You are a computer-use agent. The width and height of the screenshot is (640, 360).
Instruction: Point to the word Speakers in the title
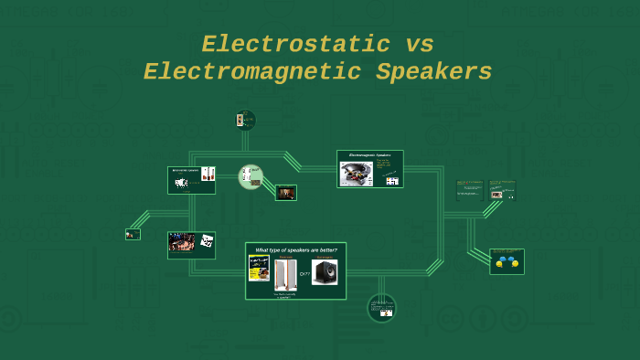434,72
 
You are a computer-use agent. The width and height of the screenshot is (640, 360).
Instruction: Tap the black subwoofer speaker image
325,271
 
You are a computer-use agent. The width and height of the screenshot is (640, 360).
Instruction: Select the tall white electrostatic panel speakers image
286,274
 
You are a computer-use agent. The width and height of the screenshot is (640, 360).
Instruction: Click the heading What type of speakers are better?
295,249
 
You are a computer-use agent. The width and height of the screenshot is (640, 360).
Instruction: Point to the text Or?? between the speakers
305,273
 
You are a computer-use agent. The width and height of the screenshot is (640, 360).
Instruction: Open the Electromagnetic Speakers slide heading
369,155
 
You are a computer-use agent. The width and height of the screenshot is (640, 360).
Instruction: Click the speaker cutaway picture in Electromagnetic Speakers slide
357,174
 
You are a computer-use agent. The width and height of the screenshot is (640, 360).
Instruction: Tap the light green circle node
251,176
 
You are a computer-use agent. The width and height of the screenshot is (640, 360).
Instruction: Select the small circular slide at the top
245,120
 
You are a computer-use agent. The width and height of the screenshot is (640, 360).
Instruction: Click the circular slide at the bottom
381,308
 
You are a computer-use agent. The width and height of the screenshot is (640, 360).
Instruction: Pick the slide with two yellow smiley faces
507,261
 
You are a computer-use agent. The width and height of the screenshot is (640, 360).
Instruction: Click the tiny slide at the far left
133,234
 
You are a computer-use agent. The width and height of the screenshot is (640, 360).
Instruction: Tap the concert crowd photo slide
191,244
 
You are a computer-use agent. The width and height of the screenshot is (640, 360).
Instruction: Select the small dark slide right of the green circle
286,193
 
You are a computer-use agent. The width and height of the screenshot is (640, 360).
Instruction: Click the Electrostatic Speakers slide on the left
191,180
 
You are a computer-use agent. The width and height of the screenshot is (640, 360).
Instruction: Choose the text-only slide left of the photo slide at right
469,190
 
